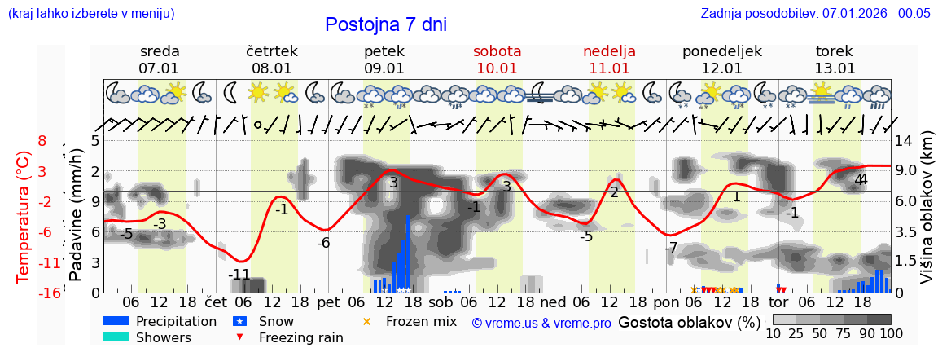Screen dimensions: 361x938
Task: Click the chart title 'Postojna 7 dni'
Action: point(385,24)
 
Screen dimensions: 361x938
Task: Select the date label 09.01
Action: point(384,68)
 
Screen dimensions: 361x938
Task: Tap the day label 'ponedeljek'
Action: point(721,51)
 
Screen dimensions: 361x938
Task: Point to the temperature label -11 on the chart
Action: point(239,274)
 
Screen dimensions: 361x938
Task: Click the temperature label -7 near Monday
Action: point(670,248)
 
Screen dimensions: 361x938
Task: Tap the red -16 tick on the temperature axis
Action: point(50,293)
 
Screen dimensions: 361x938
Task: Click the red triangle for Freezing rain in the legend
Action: point(239,337)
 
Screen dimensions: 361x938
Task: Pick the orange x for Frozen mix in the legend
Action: point(366,321)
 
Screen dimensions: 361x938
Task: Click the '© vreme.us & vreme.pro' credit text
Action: point(541,323)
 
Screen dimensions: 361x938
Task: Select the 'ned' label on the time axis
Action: point(553,302)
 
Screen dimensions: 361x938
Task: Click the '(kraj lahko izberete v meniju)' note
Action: point(91,13)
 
